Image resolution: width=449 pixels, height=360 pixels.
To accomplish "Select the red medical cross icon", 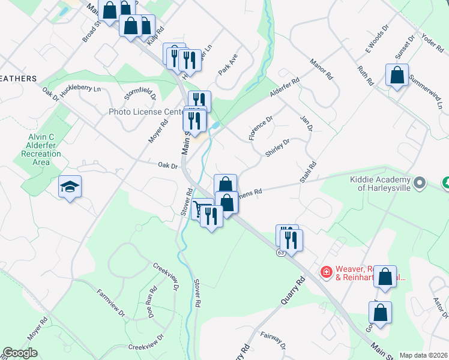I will pos(326,272).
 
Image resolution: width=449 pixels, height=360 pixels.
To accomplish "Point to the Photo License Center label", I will pos(145,112).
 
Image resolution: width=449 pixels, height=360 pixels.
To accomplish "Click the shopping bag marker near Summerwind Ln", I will pos(397,76).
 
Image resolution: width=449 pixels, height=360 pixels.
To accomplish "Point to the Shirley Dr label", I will pos(277,148).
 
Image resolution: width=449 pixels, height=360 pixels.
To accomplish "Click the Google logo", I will pos(20,353).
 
